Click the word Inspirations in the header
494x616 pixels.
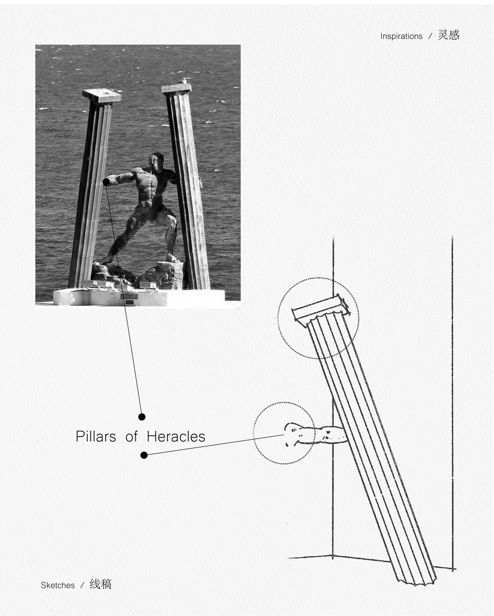(x=401, y=36)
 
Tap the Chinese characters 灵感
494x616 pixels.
(x=448, y=35)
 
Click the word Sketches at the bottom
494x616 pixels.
(x=58, y=585)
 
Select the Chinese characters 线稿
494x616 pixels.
(x=101, y=584)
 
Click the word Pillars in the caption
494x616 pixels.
(x=96, y=437)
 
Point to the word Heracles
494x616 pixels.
(x=176, y=437)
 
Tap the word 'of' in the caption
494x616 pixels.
(x=131, y=437)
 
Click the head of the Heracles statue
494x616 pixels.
(x=156, y=162)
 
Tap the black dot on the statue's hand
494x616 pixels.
(x=106, y=182)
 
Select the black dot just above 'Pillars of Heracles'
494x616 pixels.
(x=141, y=417)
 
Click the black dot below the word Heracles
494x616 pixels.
(x=144, y=455)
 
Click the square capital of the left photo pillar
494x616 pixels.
(x=102, y=95)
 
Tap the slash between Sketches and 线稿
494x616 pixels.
(x=82, y=585)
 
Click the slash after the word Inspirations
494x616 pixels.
(x=430, y=36)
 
